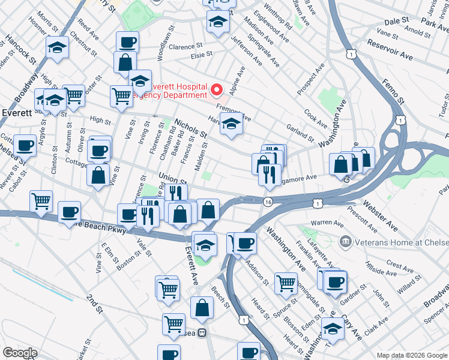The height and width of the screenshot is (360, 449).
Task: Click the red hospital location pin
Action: (217, 90)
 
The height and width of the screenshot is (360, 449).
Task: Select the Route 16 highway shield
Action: (268, 203)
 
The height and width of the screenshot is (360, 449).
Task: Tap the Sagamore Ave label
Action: (298, 178)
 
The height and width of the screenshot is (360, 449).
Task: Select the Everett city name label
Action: (13, 112)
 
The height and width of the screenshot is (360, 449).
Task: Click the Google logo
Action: (20, 353)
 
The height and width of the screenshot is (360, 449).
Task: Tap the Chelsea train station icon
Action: (203, 333)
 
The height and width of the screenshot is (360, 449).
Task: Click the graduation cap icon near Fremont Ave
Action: (231, 124)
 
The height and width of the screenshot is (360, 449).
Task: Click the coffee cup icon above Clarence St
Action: (127, 42)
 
